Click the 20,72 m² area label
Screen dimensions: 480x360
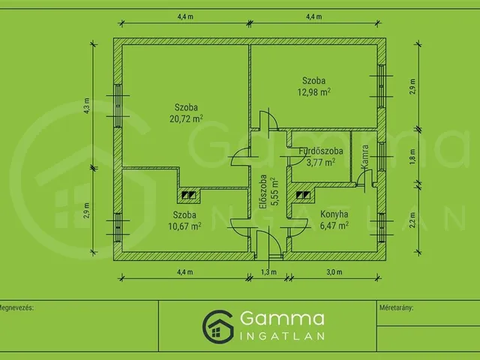coord(186,118)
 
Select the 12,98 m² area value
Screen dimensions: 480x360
coord(313,91)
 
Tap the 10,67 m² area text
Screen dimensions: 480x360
coord(184,226)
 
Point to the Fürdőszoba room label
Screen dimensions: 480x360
coord(320,151)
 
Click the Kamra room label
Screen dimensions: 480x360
coord(364,157)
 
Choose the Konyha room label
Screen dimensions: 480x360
coord(334,214)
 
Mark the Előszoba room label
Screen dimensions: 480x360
coord(263,192)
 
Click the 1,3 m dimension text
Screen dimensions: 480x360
coord(268,271)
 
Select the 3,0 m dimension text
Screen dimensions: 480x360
coord(334,271)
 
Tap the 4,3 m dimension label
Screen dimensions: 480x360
coord(87,106)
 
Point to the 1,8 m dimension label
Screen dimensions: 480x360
coord(412,157)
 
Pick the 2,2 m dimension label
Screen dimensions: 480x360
coord(412,220)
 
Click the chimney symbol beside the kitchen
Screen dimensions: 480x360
coord(303,195)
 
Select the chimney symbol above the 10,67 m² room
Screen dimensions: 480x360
coord(188,195)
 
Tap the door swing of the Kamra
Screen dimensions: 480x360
coord(364,178)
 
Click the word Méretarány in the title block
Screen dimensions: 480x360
coord(396,307)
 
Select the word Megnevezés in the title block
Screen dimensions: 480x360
coord(16,307)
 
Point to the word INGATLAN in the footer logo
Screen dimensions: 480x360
coord(282,336)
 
